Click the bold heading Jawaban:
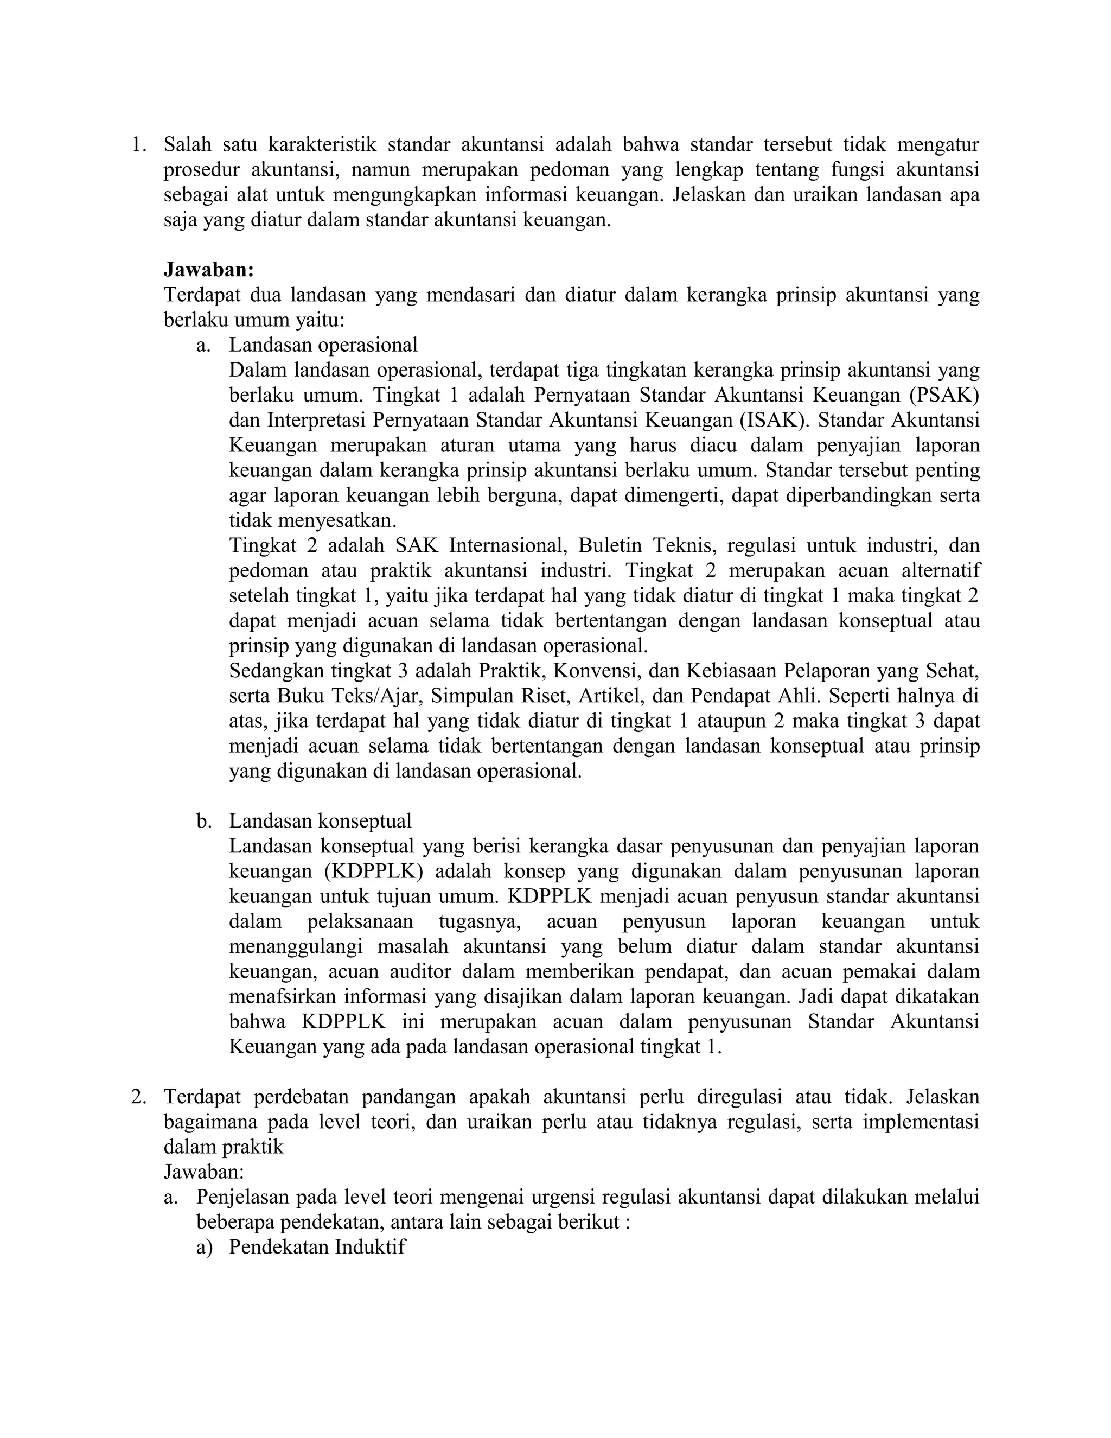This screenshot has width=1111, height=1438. (208, 270)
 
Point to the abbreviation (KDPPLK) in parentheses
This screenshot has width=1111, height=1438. (373, 871)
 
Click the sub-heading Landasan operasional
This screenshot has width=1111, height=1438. (323, 345)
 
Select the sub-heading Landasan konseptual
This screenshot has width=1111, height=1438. (320, 821)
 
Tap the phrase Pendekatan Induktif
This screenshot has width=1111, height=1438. (317, 1247)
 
